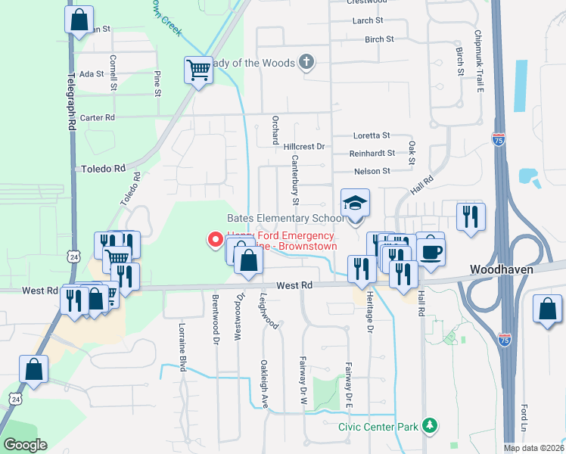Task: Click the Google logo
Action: (26, 444)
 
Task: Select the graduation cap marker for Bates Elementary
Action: (355, 204)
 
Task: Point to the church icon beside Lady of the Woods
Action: (306, 63)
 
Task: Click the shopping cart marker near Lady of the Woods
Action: (198, 70)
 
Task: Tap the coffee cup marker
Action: (431, 251)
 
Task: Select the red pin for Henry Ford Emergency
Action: (215, 241)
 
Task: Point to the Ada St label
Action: (91, 74)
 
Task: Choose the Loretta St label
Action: (372, 135)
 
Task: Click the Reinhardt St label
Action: (372, 153)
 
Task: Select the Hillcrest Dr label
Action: (303, 146)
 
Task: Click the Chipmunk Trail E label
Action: (479, 61)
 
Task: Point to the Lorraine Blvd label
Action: (182, 347)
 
